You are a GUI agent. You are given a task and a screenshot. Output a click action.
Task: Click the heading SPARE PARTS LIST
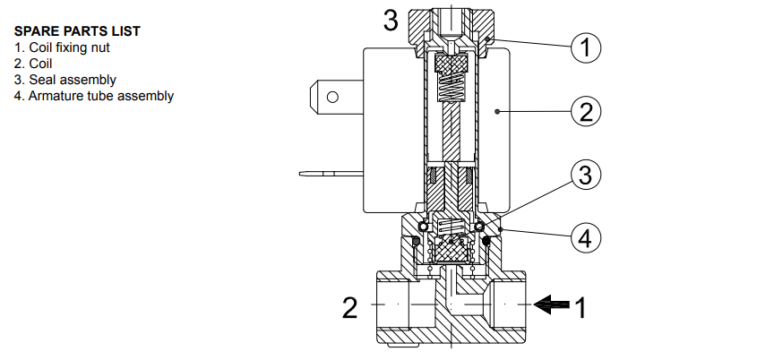pyautogui.click(x=77, y=31)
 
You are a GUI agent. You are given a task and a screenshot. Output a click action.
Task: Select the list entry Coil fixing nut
pyautogui.click(x=64, y=47)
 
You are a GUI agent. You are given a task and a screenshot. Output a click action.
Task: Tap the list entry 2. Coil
pyautogui.click(x=33, y=64)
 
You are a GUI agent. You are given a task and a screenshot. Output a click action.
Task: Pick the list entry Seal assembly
pyautogui.click(x=65, y=80)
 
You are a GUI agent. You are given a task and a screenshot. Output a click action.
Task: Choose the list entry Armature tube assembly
pyautogui.click(x=94, y=96)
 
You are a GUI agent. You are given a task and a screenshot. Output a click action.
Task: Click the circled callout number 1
pyautogui.click(x=585, y=48)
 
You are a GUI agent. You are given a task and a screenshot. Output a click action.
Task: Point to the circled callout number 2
pyautogui.click(x=585, y=112)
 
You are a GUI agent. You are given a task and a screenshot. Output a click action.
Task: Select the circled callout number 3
pyautogui.click(x=585, y=176)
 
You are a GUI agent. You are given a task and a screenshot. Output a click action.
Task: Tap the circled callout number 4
pyautogui.click(x=585, y=239)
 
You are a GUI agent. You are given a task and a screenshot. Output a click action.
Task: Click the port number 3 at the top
pyautogui.click(x=391, y=21)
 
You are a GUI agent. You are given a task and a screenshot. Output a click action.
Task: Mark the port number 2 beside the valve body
pyautogui.click(x=350, y=308)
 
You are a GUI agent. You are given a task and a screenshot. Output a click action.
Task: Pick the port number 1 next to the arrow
pyautogui.click(x=580, y=308)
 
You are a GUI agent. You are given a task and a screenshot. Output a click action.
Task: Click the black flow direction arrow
pyautogui.click(x=550, y=306)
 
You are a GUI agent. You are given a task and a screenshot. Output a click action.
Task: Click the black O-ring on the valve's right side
pyautogui.click(x=486, y=241)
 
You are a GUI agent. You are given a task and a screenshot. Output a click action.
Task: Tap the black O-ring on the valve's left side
pyautogui.click(x=416, y=241)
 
